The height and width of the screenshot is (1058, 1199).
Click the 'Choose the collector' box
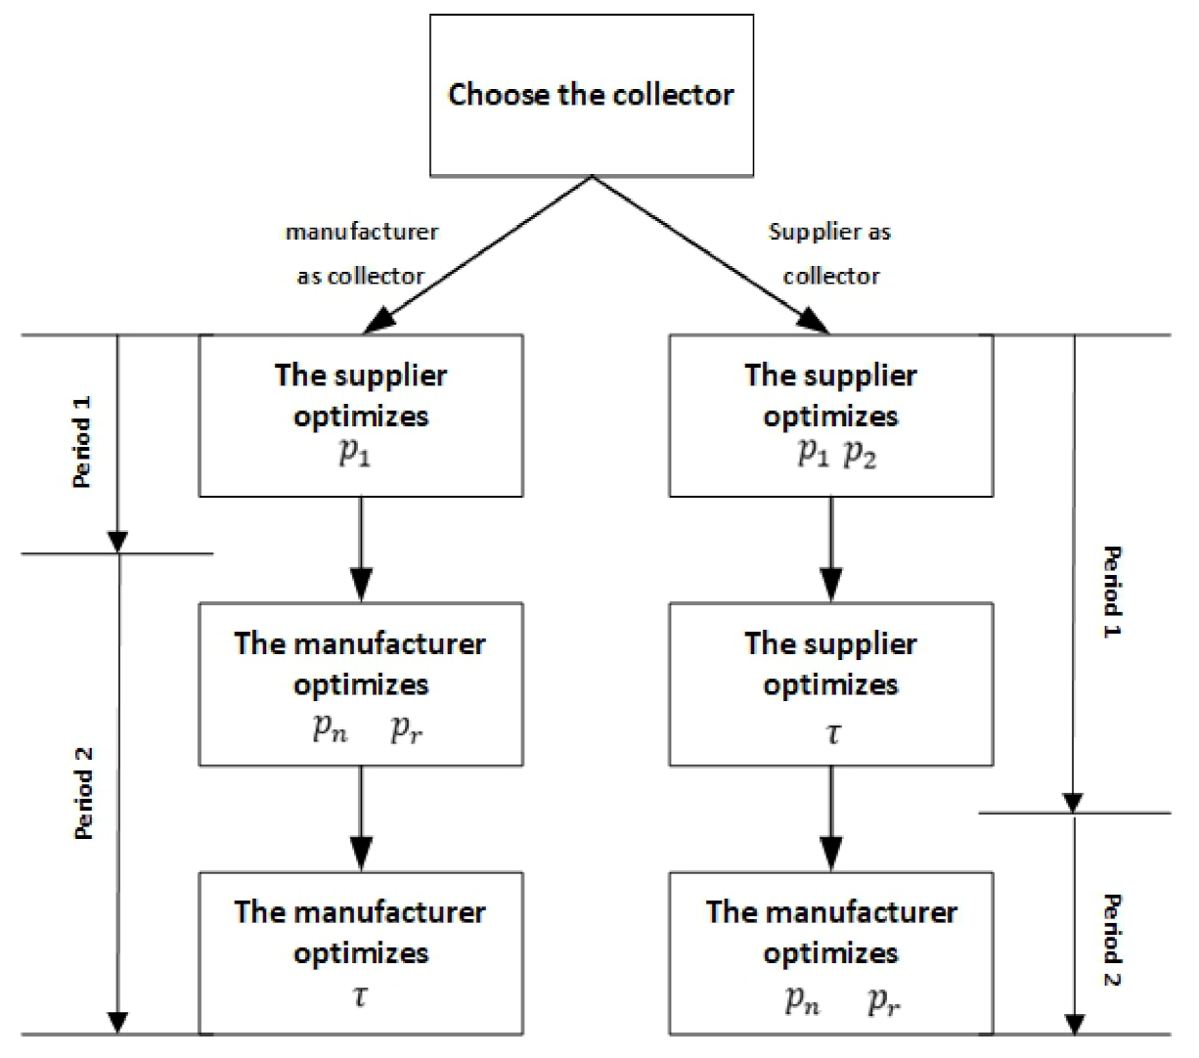(591, 95)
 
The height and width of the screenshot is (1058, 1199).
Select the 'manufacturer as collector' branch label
(361, 254)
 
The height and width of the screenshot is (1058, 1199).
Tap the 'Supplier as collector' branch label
(830, 254)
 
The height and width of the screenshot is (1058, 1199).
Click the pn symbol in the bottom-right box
(803, 1001)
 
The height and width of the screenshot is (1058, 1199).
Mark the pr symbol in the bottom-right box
(882, 1001)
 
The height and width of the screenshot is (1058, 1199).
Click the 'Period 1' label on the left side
(83, 442)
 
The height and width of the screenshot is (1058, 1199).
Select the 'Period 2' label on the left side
(85, 792)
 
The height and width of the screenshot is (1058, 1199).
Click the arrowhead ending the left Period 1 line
(117, 541)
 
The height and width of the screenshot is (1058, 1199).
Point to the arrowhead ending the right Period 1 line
(1074, 801)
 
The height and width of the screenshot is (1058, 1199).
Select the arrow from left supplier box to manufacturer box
(361, 549)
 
